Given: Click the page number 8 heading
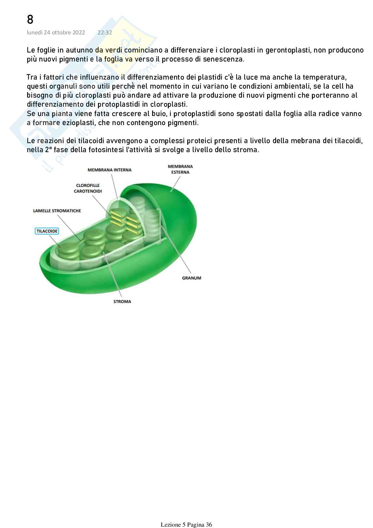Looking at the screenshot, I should click(x=30, y=20).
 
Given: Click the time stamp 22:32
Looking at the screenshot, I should click(x=105, y=32).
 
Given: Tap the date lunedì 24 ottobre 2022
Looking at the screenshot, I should click(x=56, y=32).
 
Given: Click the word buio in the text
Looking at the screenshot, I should click(x=157, y=114).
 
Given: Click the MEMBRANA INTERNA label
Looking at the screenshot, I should click(x=110, y=170).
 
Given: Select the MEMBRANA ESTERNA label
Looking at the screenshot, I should click(x=180, y=169).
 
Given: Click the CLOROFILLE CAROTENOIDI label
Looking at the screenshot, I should click(x=88, y=188).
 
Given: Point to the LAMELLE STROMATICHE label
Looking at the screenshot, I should click(x=57, y=211).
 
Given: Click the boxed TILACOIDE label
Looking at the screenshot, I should click(x=47, y=231).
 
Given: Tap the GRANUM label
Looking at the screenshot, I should click(x=192, y=278).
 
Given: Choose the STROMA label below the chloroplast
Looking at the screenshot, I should click(x=122, y=301).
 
